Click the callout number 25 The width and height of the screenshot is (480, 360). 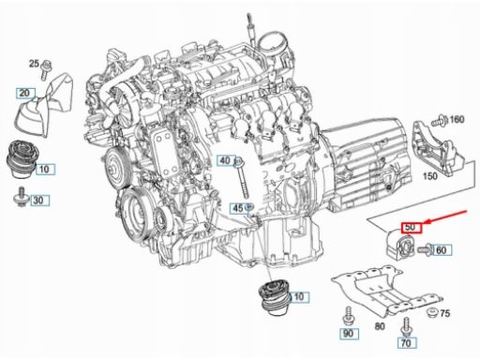click(x=34, y=64)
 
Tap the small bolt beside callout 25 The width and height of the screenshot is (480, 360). click(x=45, y=69)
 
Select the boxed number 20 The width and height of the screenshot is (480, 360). click(x=25, y=93)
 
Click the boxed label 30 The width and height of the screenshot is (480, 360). click(x=39, y=200)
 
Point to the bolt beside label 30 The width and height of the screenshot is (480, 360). click(x=22, y=197)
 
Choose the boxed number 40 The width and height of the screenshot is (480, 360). click(x=226, y=160)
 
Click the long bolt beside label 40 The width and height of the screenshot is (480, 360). click(x=242, y=177)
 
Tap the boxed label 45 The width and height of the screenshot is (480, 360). click(x=238, y=208)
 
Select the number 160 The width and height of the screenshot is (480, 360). click(x=457, y=119)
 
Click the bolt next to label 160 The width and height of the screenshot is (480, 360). click(x=440, y=121)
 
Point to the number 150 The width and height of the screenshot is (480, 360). click(x=430, y=176)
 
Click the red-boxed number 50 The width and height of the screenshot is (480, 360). click(x=412, y=227)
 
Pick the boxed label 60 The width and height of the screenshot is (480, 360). click(x=442, y=250)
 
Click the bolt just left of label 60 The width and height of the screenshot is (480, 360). click(x=424, y=249)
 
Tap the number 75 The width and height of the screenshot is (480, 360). click(x=444, y=313)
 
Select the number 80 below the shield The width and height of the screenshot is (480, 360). click(x=380, y=326)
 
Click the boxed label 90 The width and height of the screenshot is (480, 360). click(x=349, y=334)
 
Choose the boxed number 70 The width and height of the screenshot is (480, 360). click(x=407, y=343)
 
